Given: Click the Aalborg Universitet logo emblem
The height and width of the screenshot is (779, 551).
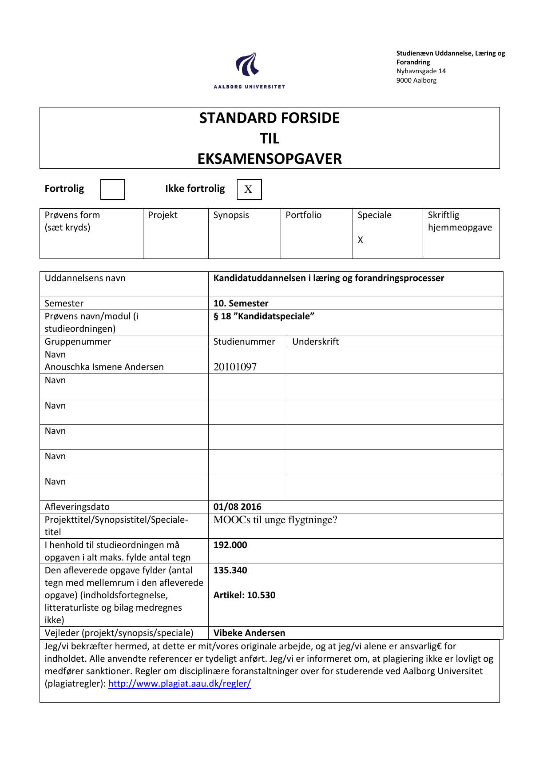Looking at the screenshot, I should [x=247, y=64].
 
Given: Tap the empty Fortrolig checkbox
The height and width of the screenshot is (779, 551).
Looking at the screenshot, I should [x=112, y=189].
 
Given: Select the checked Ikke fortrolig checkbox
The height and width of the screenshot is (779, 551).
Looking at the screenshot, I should [x=249, y=189].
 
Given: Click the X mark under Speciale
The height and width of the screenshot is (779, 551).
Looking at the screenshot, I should [x=361, y=240].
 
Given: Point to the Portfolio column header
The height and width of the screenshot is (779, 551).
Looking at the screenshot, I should [x=303, y=215].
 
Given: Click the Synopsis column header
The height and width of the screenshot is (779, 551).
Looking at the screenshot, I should [x=231, y=215].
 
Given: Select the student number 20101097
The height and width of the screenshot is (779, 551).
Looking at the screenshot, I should [x=235, y=367].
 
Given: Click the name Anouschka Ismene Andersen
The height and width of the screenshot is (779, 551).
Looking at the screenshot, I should [x=104, y=367].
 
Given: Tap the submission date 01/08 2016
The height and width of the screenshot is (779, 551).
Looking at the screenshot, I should [x=237, y=507].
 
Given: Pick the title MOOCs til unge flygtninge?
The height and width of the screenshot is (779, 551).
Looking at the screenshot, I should [x=275, y=520].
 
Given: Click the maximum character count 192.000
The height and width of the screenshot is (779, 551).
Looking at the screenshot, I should [x=230, y=545].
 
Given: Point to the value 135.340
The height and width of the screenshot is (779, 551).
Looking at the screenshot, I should [x=230, y=570].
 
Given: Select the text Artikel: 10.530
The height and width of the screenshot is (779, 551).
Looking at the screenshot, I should [x=244, y=595].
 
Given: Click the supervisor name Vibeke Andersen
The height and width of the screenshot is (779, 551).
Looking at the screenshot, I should [x=249, y=633].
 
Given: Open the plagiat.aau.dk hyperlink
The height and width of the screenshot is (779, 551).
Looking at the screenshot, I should [x=179, y=684].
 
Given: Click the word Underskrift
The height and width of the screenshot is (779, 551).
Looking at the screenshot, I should [x=315, y=342].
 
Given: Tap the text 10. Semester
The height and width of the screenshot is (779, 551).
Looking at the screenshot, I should [x=241, y=303].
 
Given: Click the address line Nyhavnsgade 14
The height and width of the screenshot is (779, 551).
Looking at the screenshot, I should [x=421, y=71].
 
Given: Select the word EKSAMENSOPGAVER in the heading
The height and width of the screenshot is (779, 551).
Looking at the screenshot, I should [x=270, y=159].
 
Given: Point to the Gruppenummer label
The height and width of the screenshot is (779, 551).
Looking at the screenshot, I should [x=78, y=342].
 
